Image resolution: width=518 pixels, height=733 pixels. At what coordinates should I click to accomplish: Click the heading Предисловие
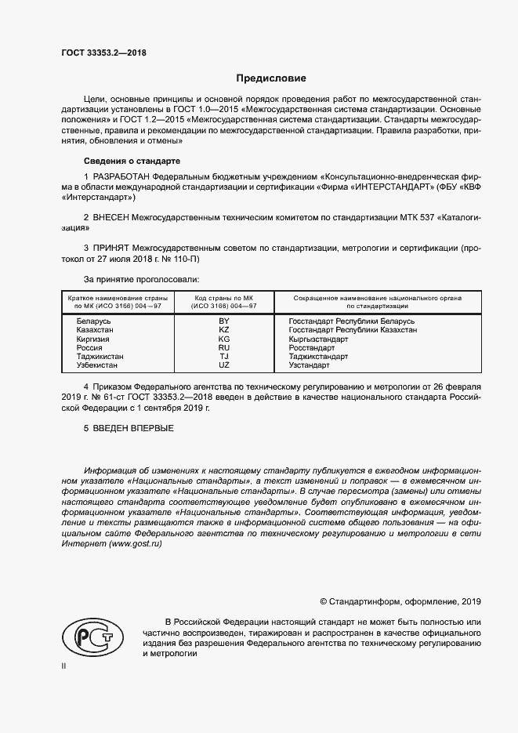[x=272, y=78]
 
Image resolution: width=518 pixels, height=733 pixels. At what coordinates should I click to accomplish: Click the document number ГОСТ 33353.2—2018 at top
[x=103, y=53]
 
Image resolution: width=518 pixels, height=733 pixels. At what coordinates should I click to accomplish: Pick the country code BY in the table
[x=223, y=321]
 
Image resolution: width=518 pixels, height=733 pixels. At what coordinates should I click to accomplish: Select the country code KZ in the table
[x=223, y=330]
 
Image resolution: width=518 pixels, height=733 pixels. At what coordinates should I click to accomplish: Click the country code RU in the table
[x=223, y=347]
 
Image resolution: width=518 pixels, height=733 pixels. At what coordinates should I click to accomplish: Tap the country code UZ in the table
[x=223, y=365]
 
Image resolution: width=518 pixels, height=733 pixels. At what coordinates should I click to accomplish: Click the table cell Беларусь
[x=94, y=321]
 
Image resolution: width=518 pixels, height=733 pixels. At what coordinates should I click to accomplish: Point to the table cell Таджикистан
[x=100, y=356]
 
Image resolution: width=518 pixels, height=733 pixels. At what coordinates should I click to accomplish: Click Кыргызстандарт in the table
[x=318, y=339]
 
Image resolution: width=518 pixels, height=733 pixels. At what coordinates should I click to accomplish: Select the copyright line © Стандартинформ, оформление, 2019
[x=400, y=601]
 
